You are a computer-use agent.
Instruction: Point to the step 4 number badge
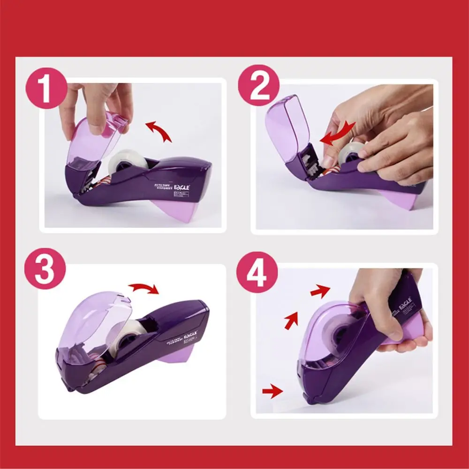[x=257, y=272]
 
